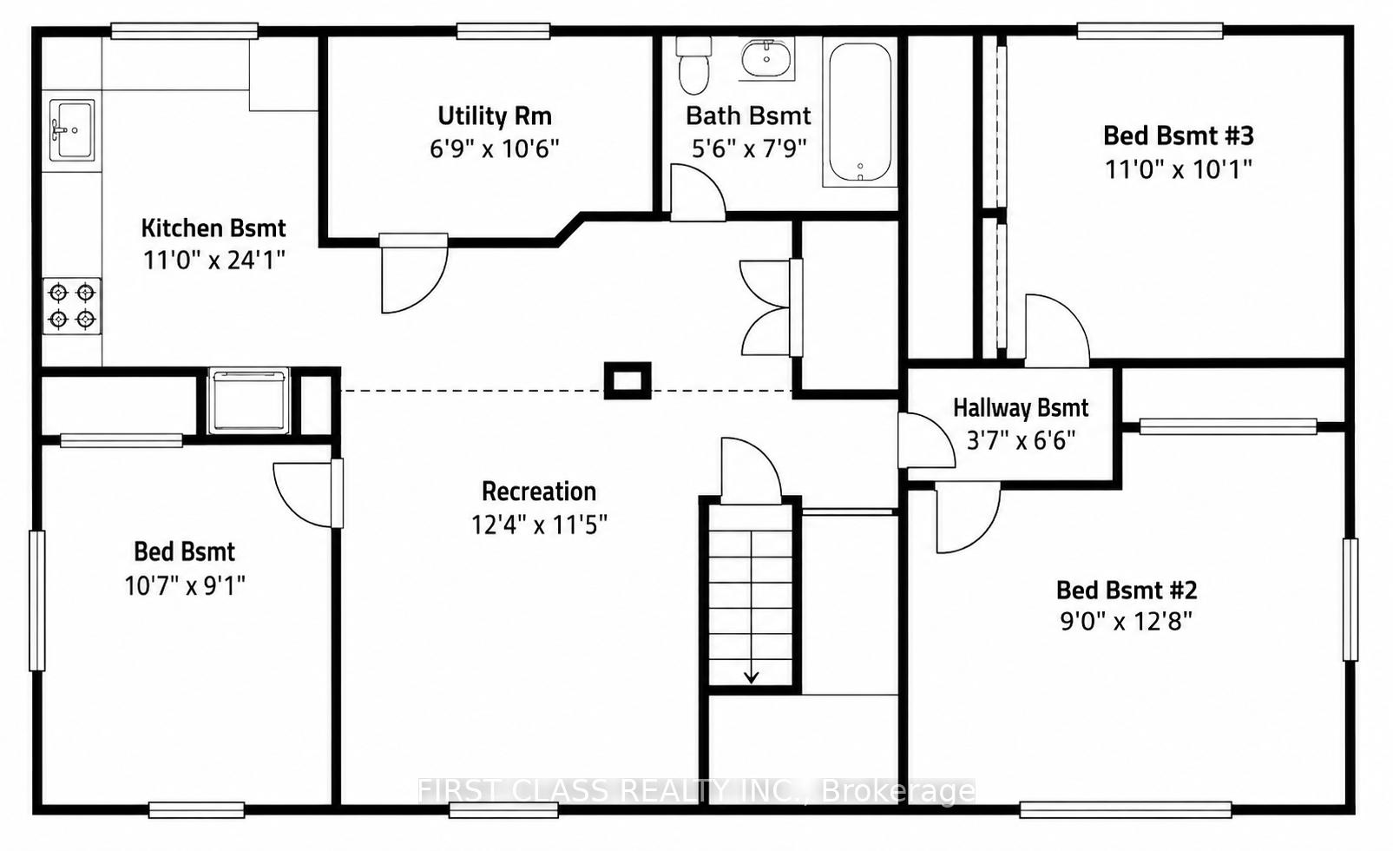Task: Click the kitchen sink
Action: coord(72,130)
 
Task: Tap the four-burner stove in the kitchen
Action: coord(72,306)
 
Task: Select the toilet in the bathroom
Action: coord(693,65)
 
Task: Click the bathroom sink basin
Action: coord(766,58)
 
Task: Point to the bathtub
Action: coord(860,112)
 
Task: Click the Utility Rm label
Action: coord(495,116)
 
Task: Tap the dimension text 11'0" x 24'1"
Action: coord(214,260)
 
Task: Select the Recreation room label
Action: coord(539,491)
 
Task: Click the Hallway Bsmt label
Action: coord(1022,408)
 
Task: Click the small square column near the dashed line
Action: coord(628,380)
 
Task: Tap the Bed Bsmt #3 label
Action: coord(1179,135)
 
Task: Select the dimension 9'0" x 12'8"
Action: coord(1127,621)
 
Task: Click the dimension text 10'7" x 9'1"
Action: coord(186,585)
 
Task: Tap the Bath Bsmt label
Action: coord(749,115)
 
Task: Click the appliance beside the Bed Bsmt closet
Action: coord(249,400)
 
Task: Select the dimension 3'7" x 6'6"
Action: coord(1021,440)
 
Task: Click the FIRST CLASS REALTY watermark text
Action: coord(696,791)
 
